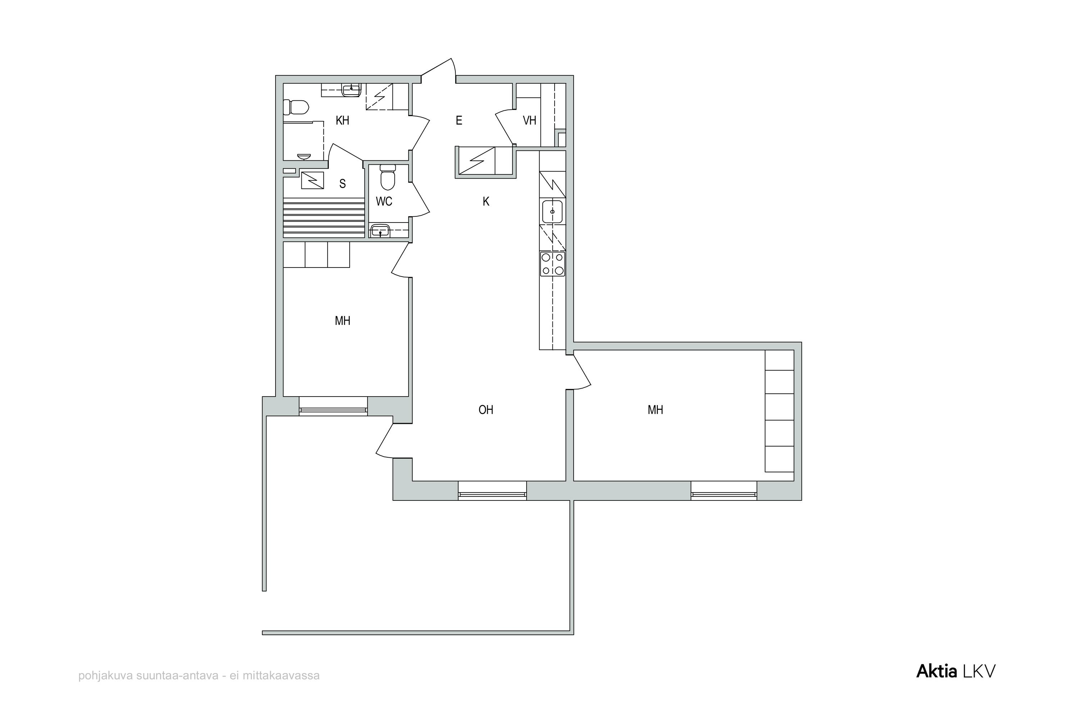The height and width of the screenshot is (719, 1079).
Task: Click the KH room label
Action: pos(342,120)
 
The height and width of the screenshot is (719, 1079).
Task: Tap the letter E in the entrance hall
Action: pos(459,120)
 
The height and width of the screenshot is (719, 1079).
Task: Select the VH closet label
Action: pos(529,120)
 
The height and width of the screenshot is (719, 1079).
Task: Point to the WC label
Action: pos(384,201)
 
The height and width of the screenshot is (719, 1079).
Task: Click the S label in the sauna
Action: pos(342,184)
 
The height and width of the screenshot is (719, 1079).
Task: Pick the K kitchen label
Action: pos(486,201)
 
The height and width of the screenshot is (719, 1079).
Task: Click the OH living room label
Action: pos(486,410)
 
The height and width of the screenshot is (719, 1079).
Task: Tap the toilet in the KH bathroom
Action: pos(296,107)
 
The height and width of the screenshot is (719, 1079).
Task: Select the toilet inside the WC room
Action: pos(388,177)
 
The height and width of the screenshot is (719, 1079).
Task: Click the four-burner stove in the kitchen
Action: pos(552,264)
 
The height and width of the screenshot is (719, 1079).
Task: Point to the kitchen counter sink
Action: pos(552,212)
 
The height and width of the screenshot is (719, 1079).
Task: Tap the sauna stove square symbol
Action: pos(313,180)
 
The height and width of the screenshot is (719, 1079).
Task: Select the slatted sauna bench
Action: pos(324,218)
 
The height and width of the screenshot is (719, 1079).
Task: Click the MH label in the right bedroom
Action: pos(656,410)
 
